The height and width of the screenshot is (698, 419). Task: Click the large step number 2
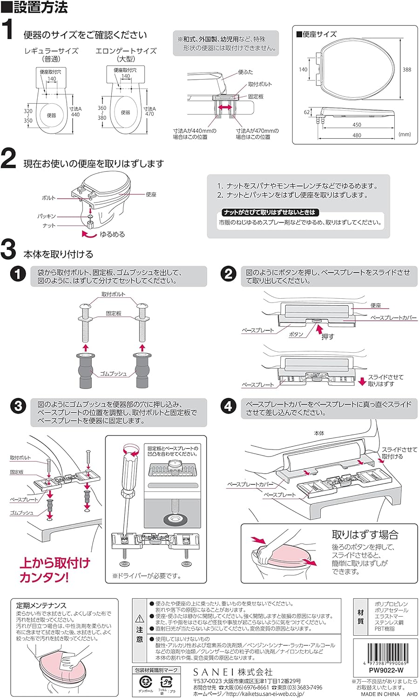pos(8,159)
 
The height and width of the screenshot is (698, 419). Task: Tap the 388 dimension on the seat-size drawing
pos(406,70)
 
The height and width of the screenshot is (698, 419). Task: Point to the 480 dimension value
pos(357,135)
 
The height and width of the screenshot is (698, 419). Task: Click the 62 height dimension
pos(307,112)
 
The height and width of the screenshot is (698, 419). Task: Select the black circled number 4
pos(228,406)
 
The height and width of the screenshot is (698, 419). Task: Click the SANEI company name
pos(233,672)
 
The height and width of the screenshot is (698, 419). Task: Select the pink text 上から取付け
pos(54,563)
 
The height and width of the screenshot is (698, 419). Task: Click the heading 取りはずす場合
pos(365,535)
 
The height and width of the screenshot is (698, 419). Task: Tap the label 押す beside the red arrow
pos(328,336)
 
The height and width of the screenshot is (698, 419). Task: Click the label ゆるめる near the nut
pos(112,235)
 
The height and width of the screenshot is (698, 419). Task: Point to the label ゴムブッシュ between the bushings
pos(113,374)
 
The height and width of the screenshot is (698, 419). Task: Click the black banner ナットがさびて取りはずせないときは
pos(270,212)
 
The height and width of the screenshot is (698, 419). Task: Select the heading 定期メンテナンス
pos(41,605)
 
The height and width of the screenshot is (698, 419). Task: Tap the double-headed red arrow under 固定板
pos(225,107)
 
